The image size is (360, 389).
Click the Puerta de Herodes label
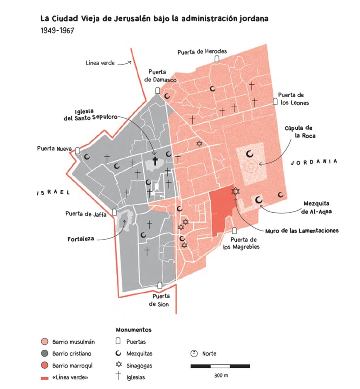(x=202, y=51)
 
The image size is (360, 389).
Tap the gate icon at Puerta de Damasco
(x=158, y=91)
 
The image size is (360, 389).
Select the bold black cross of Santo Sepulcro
(x=155, y=161)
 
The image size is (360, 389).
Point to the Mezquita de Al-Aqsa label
(x=320, y=207)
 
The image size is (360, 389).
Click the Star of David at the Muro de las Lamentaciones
(x=236, y=191)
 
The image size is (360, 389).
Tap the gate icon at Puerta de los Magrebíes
(x=234, y=231)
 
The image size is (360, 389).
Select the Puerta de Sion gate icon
(x=160, y=286)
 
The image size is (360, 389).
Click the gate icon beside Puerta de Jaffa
(x=115, y=212)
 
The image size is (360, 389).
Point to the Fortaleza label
(x=81, y=239)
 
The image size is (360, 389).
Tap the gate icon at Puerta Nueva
(x=77, y=151)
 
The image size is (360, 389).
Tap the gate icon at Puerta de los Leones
(x=275, y=101)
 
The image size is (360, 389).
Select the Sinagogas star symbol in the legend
(x=119, y=365)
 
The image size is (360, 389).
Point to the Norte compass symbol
(x=194, y=353)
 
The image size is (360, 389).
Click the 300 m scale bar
(x=220, y=366)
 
